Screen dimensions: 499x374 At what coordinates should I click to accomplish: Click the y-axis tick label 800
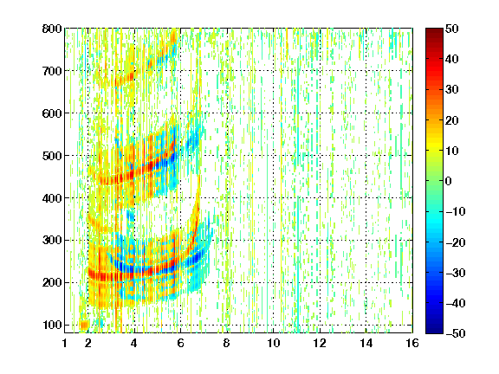pos(52,29)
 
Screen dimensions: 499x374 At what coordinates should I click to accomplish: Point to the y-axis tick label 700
pos(52,71)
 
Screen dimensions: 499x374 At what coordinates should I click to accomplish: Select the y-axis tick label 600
pos(52,113)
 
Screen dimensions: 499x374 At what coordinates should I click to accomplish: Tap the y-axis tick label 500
pos(52,156)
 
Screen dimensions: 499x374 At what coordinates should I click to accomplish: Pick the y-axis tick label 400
pos(52,198)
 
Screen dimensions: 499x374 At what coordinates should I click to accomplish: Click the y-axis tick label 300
pos(52,240)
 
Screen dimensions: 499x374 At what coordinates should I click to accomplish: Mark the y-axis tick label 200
pos(52,282)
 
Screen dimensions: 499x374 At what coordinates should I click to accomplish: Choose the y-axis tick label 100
pos(52,325)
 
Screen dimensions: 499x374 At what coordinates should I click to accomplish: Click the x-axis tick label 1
pos(65,343)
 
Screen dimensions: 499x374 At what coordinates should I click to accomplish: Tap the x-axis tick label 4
pos(134,343)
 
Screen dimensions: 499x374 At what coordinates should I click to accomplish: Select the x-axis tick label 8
pos(227,343)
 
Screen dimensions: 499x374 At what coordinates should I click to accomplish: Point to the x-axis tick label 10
pos(273,343)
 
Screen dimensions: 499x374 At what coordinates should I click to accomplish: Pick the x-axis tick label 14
pos(366,343)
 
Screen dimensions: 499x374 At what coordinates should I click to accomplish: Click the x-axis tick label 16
pos(412,343)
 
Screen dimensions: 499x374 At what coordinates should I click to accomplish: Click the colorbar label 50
pos(452,29)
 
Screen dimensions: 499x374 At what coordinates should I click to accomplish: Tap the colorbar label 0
pos(449,181)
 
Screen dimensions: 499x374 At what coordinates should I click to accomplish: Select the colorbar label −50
pos(456,333)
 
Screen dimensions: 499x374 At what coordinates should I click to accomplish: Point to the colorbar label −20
pos(456,242)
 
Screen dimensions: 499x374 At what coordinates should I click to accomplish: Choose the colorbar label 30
pos(452,89)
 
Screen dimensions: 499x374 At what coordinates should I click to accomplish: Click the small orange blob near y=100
pos(84,325)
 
